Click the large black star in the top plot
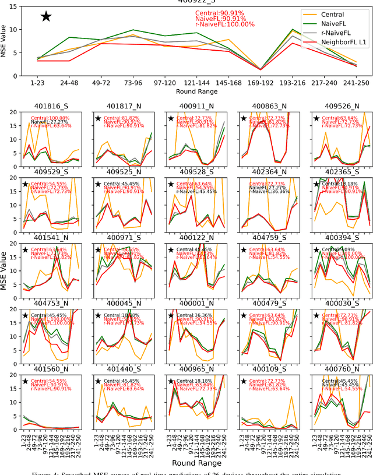(x=46, y=16)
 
